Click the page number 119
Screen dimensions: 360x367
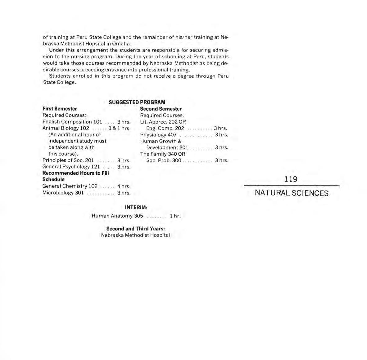tap(291, 179)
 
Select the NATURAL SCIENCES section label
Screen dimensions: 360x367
tap(291, 193)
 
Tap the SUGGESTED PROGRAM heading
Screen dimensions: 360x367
tap(137, 102)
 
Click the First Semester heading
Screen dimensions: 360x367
tap(60, 109)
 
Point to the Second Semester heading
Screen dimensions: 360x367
tap(161, 109)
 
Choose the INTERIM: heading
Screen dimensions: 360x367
tap(136, 207)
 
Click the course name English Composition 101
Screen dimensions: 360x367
tap(72, 122)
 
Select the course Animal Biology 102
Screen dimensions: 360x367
tap(66, 128)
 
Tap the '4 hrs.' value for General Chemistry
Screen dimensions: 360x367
tap(124, 186)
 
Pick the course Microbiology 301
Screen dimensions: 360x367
tap(63, 193)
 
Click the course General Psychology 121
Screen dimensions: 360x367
tap(71, 167)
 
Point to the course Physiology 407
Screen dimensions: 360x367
tap(158, 135)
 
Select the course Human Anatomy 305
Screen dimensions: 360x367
tap(117, 216)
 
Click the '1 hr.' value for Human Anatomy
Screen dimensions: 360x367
tap(175, 216)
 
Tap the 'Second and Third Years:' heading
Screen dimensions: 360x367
tap(135, 229)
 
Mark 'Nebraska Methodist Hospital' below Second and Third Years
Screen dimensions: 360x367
tap(135, 235)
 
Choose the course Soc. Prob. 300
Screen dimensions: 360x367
tap(164, 161)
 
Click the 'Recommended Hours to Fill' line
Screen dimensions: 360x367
tap(75, 173)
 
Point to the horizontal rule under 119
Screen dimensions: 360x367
tap(292, 186)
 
